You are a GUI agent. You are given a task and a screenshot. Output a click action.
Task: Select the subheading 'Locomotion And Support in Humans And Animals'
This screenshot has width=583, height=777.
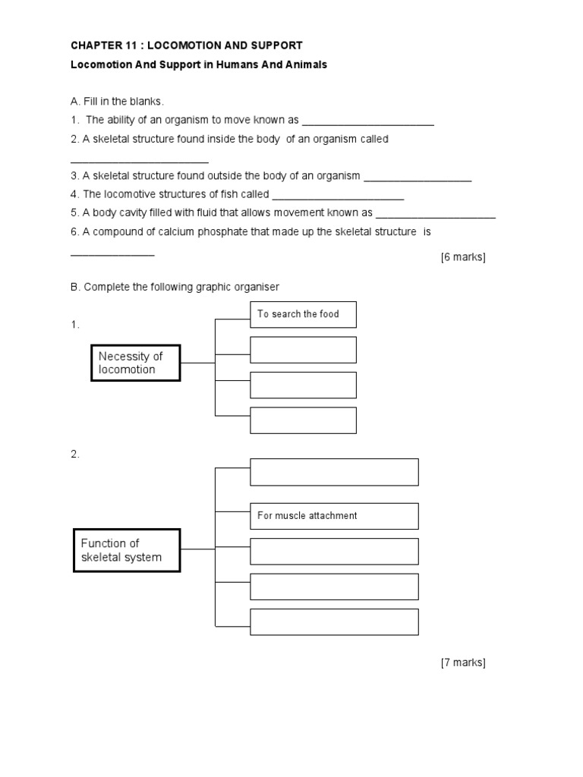pyautogui.click(x=199, y=65)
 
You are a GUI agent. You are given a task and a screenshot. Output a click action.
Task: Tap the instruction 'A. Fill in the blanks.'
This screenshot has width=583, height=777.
pyautogui.click(x=117, y=102)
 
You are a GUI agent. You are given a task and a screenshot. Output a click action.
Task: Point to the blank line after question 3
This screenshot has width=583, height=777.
pyautogui.click(x=418, y=179)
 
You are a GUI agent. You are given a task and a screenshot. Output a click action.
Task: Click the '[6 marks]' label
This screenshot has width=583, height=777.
pyautogui.click(x=462, y=257)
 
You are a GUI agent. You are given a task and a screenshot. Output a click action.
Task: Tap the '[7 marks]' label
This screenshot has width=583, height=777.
pyautogui.click(x=462, y=662)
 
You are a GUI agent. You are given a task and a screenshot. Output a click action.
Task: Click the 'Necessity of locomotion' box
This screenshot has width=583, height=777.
pyautogui.click(x=136, y=363)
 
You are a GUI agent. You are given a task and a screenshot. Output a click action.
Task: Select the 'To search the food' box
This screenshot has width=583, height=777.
pyautogui.click(x=303, y=314)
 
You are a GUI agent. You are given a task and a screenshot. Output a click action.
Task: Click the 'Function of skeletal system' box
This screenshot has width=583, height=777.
pyautogui.click(x=127, y=550)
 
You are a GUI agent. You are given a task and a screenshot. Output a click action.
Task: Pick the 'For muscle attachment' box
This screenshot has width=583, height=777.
pyautogui.click(x=334, y=516)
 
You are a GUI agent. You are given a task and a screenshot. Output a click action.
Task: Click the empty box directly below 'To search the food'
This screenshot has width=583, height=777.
pyautogui.click(x=303, y=350)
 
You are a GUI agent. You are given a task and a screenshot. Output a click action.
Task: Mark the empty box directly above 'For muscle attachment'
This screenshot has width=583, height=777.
pyautogui.click(x=334, y=471)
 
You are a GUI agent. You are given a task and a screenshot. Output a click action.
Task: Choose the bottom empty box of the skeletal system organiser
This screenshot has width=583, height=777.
pyautogui.click(x=334, y=621)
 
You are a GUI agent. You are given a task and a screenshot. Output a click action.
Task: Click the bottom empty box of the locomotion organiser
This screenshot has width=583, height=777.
pyautogui.click(x=303, y=420)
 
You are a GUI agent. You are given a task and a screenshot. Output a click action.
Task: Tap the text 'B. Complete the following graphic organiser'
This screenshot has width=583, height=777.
pyautogui.click(x=175, y=287)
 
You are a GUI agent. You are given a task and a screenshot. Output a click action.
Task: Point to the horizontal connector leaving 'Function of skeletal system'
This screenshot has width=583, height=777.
pyautogui.click(x=198, y=549)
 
